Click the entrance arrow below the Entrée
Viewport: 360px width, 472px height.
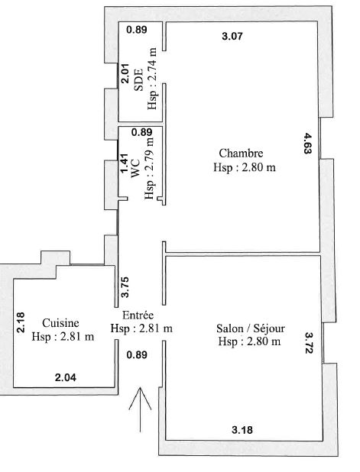coord(140,409)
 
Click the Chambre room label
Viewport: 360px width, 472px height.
coord(241,154)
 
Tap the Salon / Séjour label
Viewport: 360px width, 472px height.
coord(251,328)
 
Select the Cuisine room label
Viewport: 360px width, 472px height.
coord(60,323)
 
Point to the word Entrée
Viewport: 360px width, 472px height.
coord(138,315)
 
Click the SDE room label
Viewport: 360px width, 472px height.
coord(138,80)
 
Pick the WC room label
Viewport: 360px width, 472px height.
coord(135,169)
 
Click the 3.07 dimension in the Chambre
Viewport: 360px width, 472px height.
coord(232,37)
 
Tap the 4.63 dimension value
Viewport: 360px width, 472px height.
coord(307,144)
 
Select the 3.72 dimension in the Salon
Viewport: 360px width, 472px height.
coord(310,343)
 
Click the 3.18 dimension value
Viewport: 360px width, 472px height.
coord(242,430)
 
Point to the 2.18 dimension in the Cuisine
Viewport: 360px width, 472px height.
coord(21,322)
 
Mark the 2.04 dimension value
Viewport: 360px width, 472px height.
coord(66,377)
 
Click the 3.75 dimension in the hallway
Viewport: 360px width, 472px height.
coord(125,287)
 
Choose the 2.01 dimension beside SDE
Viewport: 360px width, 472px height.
coord(125,73)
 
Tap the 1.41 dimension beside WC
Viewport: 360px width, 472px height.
coord(125,163)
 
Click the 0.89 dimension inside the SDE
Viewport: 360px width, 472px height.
coord(137,30)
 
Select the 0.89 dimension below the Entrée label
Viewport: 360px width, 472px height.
coord(137,355)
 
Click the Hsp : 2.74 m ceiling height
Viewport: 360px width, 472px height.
coord(152,79)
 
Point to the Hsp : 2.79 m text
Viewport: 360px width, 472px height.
coord(149,168)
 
